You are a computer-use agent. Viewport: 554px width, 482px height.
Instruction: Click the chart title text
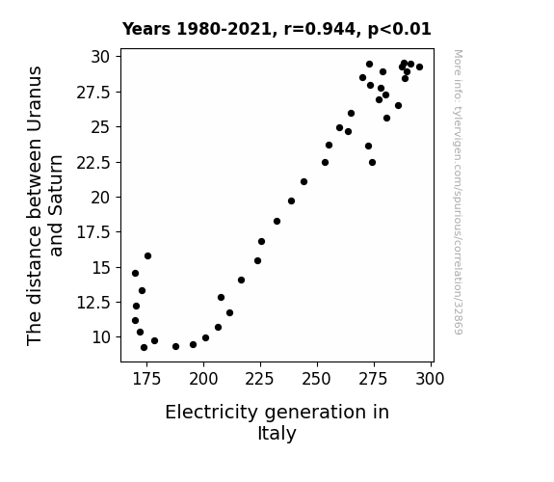pos(277,29)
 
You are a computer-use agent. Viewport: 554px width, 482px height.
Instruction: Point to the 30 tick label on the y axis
pos(101,57)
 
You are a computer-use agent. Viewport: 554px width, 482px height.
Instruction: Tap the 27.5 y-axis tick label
pos(93,93)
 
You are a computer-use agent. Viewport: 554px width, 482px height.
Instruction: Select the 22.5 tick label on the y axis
pos(93,163)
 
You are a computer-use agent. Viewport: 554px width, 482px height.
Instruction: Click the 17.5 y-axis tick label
pos(93,232)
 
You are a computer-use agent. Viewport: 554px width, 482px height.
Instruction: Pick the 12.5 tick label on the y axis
pos(93,303)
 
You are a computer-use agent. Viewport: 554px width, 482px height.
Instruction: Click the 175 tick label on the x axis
pos(146,379)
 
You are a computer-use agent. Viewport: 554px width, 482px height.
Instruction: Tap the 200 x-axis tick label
pos(203,379)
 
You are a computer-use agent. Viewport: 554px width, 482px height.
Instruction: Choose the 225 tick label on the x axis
pos(260,379)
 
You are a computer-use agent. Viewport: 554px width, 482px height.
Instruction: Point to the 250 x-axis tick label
pos(317,379)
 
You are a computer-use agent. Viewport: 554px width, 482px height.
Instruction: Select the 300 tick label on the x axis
pos(430,379)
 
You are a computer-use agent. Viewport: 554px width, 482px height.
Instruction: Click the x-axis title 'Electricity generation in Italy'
pos(277,422)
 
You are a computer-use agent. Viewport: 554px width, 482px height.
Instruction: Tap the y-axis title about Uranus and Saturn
pos(44,205)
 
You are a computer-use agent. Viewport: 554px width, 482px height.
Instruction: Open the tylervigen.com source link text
pos(459,192)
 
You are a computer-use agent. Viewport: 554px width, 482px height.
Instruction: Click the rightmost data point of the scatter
pos(419,67)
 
